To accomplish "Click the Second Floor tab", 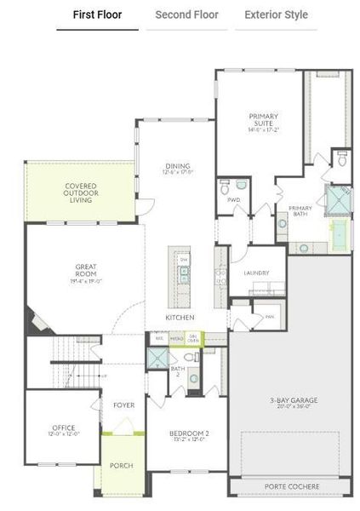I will [x=186, y=14].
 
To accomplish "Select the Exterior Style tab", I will [x=276, y=14].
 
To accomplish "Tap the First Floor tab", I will [x=97, y=14].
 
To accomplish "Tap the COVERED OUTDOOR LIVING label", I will [x=81, y=192].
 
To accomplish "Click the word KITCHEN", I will [x=180, y=318].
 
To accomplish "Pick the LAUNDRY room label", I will [x=256, y=273].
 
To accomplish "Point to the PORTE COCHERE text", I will [x=292, y=486].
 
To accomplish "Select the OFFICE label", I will [x=63, y=429].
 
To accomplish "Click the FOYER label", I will [x=123, y=405].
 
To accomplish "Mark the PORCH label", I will [x=122, y=466].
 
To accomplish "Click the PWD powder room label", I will [x=232, y=199].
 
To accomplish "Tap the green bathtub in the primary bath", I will [x=340, y=235].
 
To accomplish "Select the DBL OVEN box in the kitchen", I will [x=193, y=338].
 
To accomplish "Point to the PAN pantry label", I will [x=269, y=316].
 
